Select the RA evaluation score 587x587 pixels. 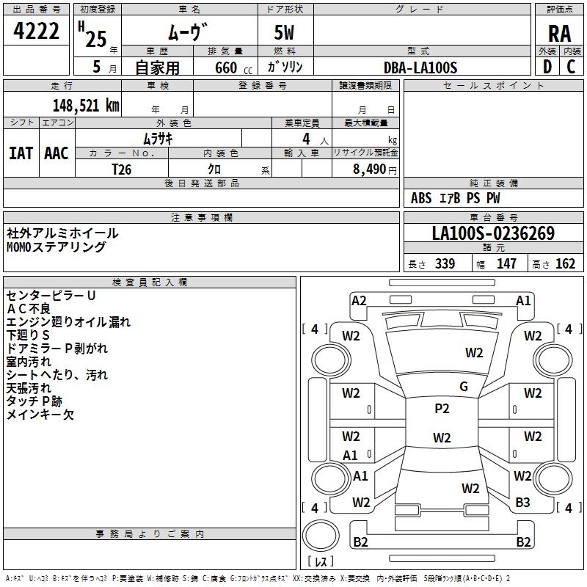(x=559, y=34)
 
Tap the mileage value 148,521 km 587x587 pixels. (x=86, y=105)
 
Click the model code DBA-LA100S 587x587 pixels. (x=420, y=68)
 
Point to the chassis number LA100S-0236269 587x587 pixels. (x=492, y=233)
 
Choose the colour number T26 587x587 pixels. (x=121, y=169)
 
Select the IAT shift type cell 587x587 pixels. (x=21, y=153)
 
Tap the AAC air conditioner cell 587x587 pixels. (x=56, y=153)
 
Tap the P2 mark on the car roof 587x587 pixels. (x=442, y=409)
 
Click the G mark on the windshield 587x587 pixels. (x=464, y=387)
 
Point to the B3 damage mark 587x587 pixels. (x=522, y=503)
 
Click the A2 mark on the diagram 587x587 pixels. (x=359, y=300)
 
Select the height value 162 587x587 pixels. (x=565, y=263)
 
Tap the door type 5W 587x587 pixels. (x=285, y=34)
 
